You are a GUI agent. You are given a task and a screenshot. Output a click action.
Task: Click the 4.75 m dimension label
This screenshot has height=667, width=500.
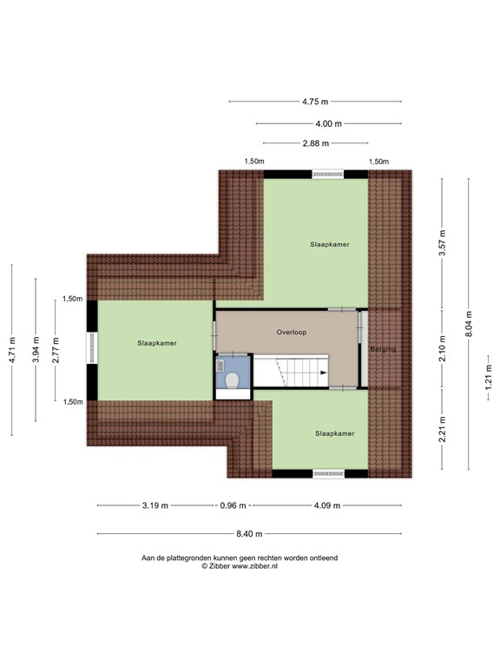click(x=315, y=102)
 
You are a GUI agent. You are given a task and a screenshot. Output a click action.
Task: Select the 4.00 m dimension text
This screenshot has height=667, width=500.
click(x=328, y=124)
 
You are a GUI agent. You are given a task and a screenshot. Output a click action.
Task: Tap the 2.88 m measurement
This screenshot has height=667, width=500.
click(x=315, y=143)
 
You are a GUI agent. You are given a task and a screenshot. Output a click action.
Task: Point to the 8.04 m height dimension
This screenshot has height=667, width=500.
click(x=469, y=324)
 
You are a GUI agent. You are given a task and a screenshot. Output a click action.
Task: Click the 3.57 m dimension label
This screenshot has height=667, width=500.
click(x=442, y=242)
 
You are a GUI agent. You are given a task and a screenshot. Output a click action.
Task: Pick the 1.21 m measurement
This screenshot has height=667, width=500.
click(x=489, y=376)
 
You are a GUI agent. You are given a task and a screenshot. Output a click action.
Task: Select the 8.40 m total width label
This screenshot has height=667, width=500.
click(x=249, y=534)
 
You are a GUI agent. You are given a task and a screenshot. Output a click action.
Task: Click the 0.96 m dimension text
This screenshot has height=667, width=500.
click(x=233, y=505)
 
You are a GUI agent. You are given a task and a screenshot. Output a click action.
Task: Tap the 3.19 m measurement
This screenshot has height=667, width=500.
click(x=155, y=505)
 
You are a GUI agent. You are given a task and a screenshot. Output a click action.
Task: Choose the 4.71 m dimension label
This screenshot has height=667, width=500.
click(x=12, y=350)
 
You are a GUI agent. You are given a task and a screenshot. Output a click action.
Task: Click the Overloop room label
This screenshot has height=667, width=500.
click(x=292, y=333)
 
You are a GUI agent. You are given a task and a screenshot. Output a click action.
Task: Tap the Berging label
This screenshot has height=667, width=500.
click(x=383, y=349)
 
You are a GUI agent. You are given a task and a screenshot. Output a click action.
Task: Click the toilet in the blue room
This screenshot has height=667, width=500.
click(x=232, y=380)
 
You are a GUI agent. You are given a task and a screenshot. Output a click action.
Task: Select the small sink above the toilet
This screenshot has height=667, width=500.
click(x=220, y=365)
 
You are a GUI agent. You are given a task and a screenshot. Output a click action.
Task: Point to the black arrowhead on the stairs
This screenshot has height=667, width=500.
click(x=323, y=373)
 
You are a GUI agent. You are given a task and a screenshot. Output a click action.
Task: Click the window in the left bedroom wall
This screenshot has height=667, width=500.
click(x=92, y=347)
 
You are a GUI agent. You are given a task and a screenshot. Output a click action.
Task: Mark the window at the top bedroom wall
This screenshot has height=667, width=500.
click(x=328, y=174)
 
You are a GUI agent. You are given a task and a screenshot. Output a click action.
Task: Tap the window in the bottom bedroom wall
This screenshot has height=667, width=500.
click(x=329, y=474)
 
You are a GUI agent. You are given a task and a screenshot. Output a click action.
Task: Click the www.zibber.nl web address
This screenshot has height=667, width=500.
click(x=254, y=566)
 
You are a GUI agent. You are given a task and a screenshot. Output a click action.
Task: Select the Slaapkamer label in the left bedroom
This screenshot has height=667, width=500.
click(x=156, y=343)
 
